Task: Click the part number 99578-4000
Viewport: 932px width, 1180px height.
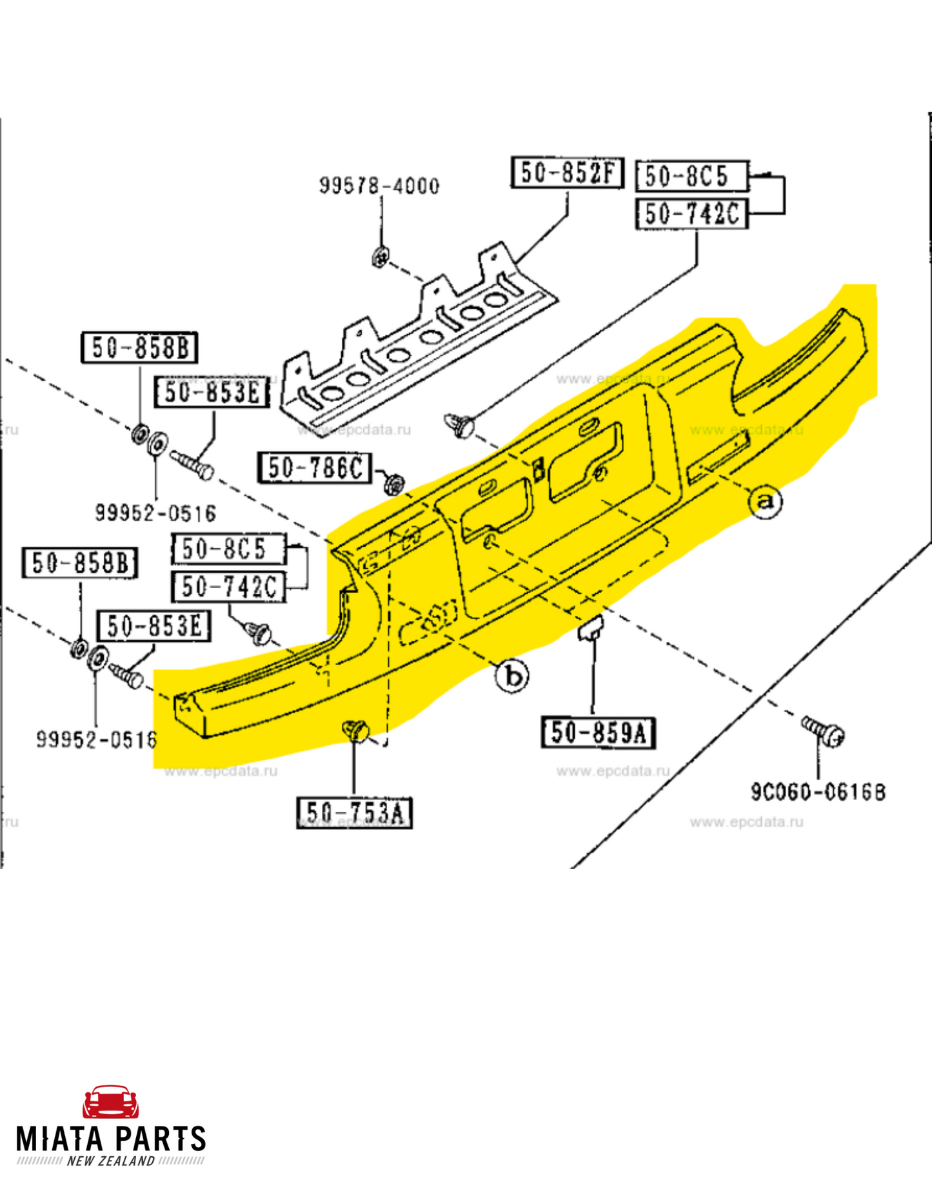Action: (379, 186)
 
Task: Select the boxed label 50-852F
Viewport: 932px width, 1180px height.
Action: (568, 172)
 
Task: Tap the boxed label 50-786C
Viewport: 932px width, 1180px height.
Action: (315, 467)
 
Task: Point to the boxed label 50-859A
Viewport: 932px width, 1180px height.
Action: (599, 733)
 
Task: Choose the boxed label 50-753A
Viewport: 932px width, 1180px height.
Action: (355, 812)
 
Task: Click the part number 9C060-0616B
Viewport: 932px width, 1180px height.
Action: (818, 792)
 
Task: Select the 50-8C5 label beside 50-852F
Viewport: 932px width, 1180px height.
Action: (692, 176)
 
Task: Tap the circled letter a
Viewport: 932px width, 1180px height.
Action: (766, 501)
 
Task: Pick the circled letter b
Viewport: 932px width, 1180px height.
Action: (512, 676)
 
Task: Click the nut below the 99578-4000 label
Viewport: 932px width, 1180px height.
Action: (381, 257)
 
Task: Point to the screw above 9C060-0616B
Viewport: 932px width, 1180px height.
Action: (824, 731)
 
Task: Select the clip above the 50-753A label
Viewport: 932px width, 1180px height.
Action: (355, 731)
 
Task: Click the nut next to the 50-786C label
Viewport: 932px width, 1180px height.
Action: (393, 483)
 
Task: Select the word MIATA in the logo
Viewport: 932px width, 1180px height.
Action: (61, 1139)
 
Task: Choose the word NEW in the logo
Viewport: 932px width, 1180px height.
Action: (81, 1161)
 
